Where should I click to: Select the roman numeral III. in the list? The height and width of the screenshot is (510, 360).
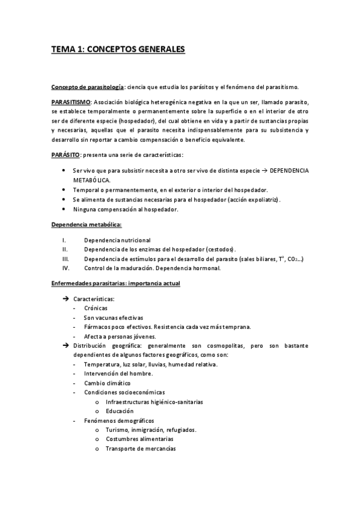pyautogui.click(x=66, y=259)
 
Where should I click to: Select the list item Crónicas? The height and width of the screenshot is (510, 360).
pyautogui.click(x=96, y=308)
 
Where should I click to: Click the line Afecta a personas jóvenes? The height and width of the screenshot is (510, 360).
pyautogui.click(x=120, y=336)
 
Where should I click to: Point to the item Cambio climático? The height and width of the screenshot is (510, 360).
pyautogui.click(x=107, y=383)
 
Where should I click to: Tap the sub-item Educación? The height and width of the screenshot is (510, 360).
pyautogui.click(x=120, y=411)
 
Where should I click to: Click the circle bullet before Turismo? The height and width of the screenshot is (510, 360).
pyautogui.click(x=97, y=430)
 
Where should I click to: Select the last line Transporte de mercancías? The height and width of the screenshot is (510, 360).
pyautogui.click(x=140, y=449)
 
